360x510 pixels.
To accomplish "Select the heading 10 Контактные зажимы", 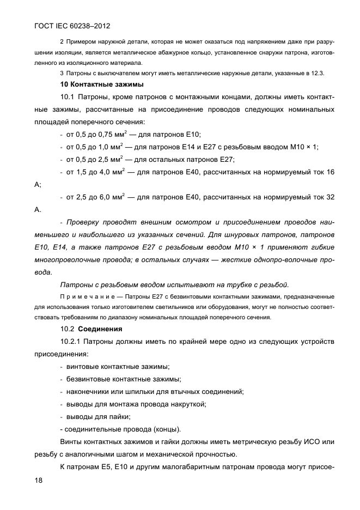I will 101,84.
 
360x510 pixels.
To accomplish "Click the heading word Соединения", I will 100,329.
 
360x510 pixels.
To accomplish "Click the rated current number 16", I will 330,172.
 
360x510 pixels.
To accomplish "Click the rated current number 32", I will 330,197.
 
